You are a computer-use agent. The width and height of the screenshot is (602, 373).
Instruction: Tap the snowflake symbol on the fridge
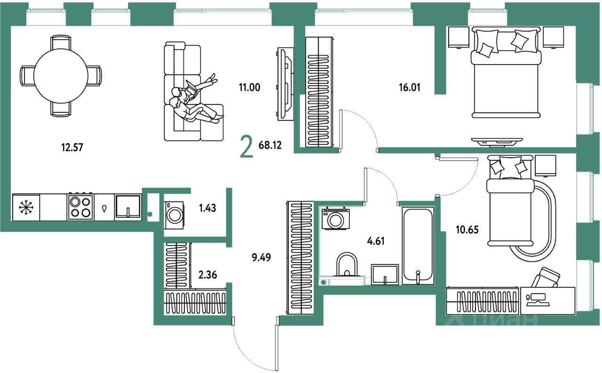(25, 207)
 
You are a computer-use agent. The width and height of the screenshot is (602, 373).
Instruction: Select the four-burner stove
(79, 207)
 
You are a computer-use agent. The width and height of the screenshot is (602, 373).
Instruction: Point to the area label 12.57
(72, 147)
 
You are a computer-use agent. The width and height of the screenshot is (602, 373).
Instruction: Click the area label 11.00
(249, 87)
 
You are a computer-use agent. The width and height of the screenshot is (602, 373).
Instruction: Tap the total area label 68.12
(270, 145)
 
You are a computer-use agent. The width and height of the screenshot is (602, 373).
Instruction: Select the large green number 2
(246, 147)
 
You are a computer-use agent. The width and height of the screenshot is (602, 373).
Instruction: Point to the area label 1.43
(207, 208)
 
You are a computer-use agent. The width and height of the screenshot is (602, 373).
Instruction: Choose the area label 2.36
(207, 274)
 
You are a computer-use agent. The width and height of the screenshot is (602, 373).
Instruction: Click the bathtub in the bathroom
(417, 246)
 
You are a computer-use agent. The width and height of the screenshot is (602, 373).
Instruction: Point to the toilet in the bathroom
(348, 266)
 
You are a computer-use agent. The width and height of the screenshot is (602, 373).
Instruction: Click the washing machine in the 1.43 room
(175, 215)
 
